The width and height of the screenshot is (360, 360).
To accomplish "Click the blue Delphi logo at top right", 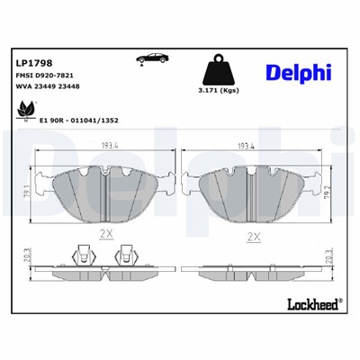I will [299, 71].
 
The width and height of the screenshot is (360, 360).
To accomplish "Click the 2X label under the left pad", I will [105, 233].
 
